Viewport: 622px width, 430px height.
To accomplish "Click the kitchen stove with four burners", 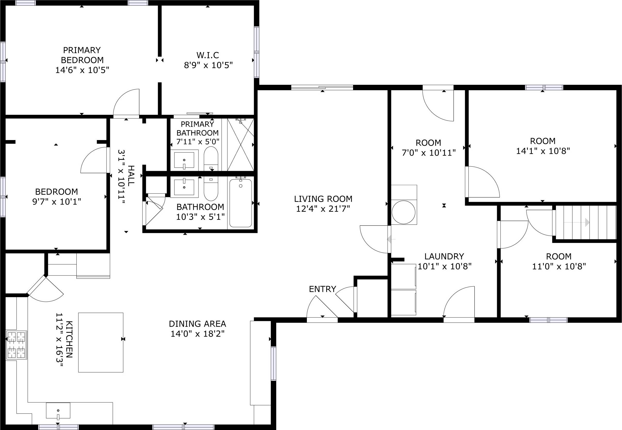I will pyautogui.click(x=17, y=345).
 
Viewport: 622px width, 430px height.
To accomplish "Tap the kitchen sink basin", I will pyautogui.click(x=58, y=410).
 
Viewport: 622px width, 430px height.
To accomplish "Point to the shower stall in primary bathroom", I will pyautogui.click(x=240, y=145).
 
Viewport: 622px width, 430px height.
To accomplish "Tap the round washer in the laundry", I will pyautogui.click(x=403, y=212).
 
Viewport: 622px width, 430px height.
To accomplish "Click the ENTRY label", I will pyautogui.click(x=322, y=289).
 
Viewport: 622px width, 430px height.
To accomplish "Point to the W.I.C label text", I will pyautogui.click(x=208, y=55).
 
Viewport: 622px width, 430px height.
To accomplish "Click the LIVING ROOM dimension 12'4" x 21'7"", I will pyautogui.click(x=323, y=209).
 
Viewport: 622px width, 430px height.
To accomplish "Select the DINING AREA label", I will pyautogui.click(x=197, y=323).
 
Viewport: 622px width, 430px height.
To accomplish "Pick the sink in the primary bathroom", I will pyautogui.click(x=184, y=159).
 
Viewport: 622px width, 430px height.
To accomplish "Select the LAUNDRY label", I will pyautogui.click(x=444, y=256).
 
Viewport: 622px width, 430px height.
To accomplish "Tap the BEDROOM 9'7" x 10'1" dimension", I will pyautogui.click(x=57, y=201).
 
